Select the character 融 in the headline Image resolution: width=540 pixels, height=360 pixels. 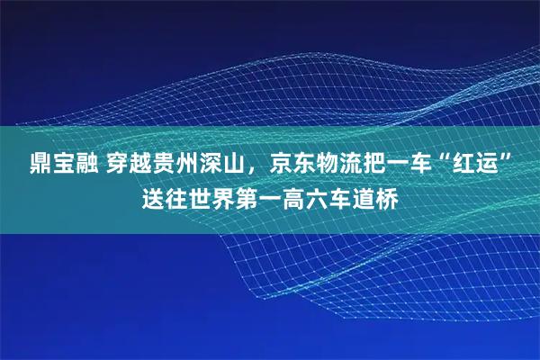click(75, 166)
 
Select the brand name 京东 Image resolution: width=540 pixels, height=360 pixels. click(283, 166)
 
